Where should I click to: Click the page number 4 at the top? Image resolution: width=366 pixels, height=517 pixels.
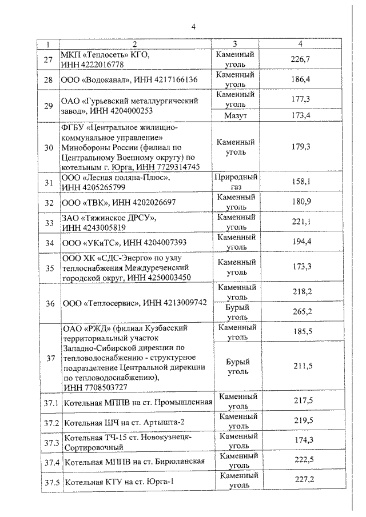[193, 27]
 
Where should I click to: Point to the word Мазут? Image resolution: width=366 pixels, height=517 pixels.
[236, 116]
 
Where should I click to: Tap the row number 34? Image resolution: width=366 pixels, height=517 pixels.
[49, 242]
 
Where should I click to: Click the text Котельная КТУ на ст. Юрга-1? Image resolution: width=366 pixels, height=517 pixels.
[119, 481]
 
